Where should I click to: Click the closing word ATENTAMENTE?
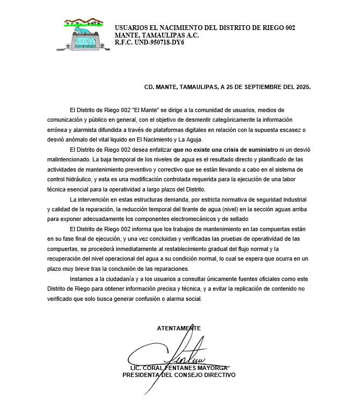coord(179,328)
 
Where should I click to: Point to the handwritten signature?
coord(182,354)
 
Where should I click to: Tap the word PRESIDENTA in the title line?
coord(141,375)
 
